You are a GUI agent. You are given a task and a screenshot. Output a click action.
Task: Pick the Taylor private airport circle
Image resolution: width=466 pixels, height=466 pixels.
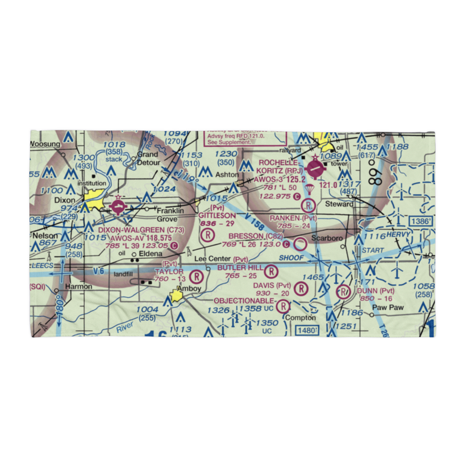tap(198, 276)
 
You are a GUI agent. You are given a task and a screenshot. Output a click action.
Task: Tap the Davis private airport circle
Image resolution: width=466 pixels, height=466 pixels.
tap(302, 289)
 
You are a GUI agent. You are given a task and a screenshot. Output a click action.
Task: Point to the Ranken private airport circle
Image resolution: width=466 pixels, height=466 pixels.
tap(308, 205)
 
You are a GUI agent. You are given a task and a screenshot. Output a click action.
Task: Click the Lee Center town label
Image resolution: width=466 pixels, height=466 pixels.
tap(212, 259)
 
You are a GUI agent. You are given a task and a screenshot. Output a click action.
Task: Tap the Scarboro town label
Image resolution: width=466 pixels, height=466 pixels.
tap(327, 238)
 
